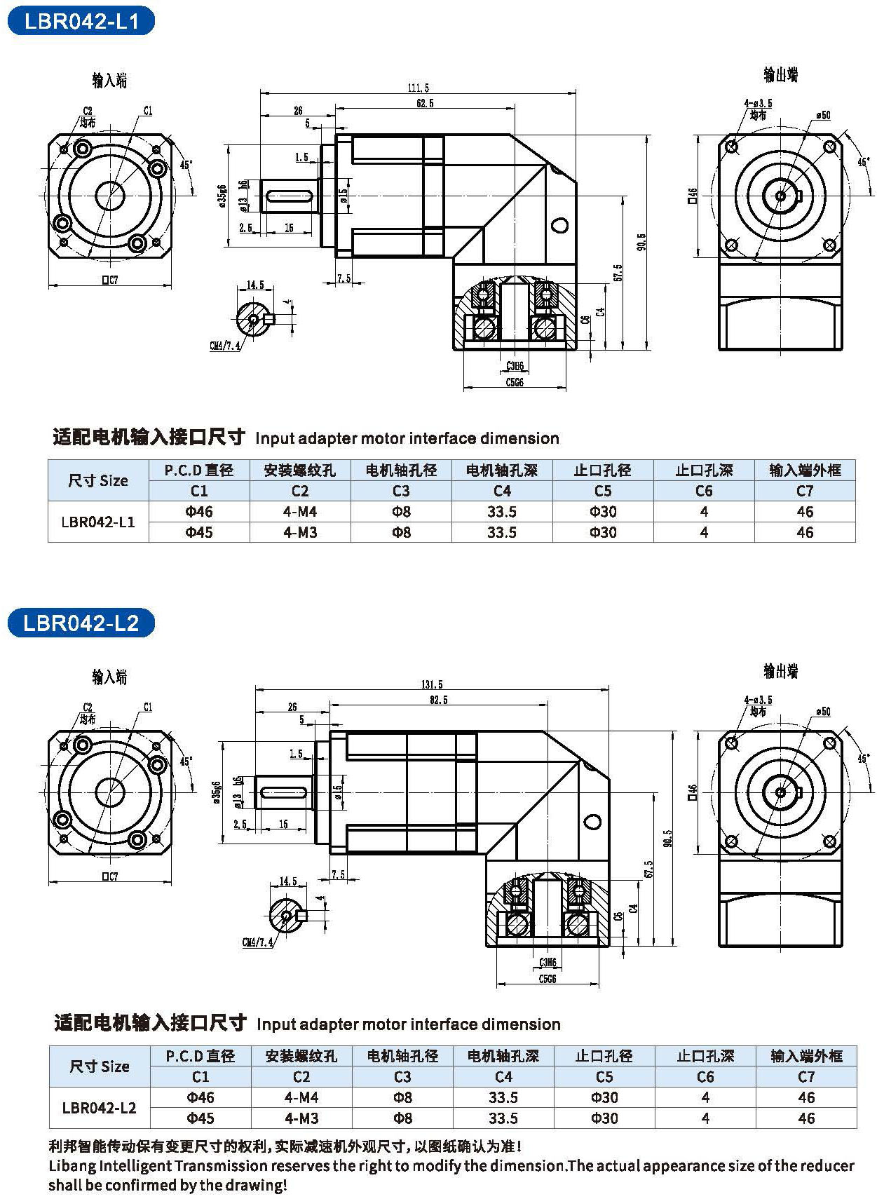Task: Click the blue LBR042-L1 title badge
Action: point(81,21)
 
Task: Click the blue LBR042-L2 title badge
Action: point(81,623)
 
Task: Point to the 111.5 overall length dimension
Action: point(418,88)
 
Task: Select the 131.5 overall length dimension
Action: point(432,684)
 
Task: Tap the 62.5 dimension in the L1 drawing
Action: point(425,103)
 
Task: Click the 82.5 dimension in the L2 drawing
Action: point(439,699)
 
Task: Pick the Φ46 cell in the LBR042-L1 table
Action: point(199,512)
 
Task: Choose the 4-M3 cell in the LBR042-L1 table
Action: point(300,532)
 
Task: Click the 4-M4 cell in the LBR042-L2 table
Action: point(301,1097)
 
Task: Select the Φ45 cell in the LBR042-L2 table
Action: point(200,1118)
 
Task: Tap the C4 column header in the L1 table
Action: point(502,491)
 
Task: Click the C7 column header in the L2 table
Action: point(806,1076)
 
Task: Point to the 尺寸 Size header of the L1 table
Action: point(98,480)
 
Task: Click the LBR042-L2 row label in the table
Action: point(100,1108)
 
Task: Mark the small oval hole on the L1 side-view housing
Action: point(559,225)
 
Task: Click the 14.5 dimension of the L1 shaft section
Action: point(255,285)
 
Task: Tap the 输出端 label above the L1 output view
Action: point(780,75)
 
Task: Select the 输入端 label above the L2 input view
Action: point(109,677)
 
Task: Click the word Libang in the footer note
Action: point(72,1166)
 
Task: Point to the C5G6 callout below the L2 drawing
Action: point(548,979)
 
